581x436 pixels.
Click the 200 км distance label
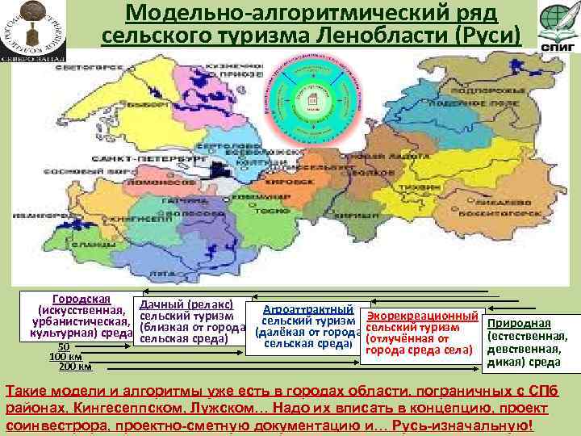(74, 367)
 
